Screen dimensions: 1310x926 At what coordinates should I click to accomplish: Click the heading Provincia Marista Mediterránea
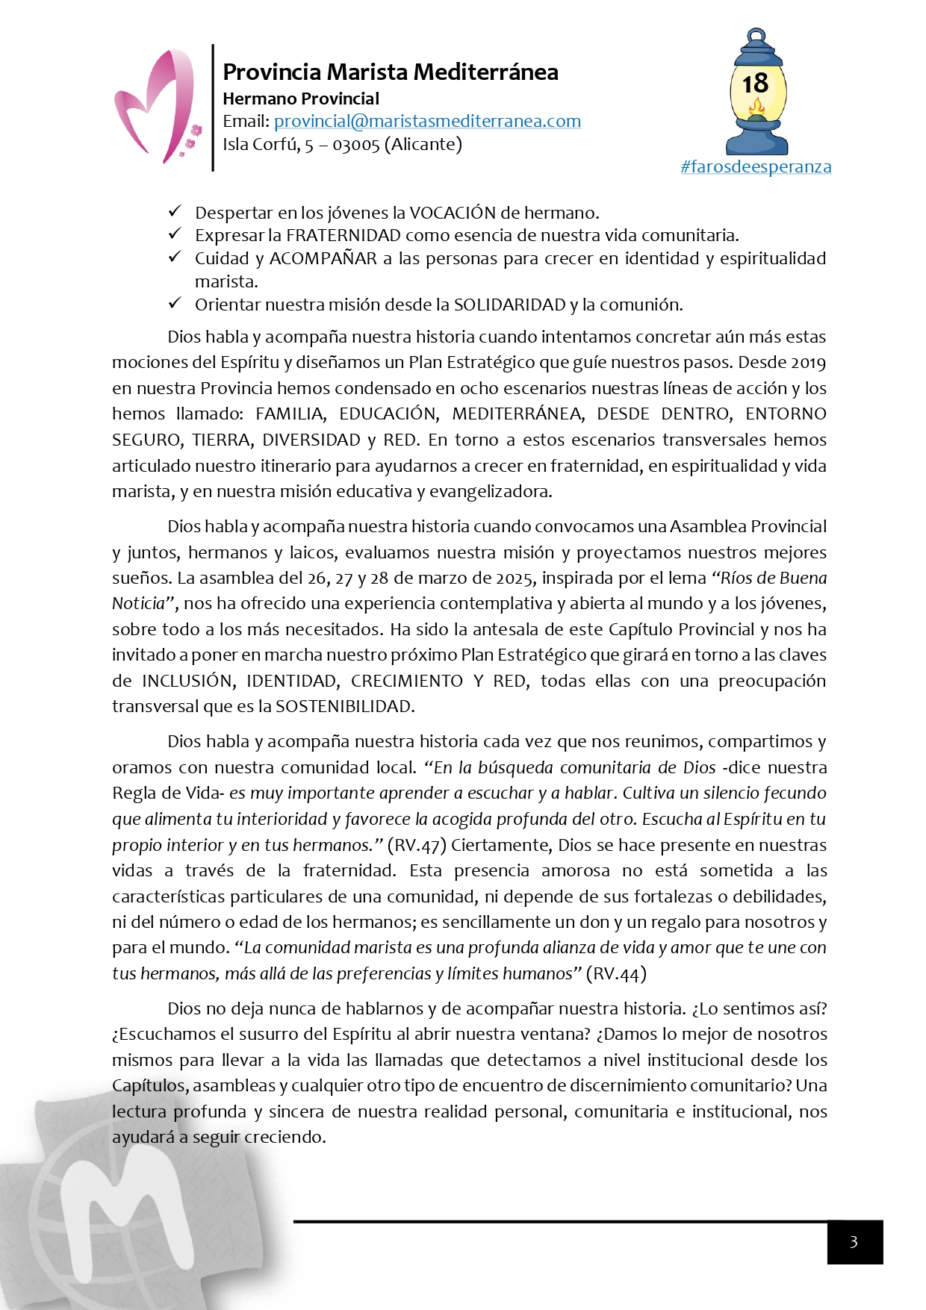(x=390, y=72)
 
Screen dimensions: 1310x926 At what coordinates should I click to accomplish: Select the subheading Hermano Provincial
(x=301, y=99)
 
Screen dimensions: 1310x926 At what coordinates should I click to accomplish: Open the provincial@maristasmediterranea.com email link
(x=427, y=121)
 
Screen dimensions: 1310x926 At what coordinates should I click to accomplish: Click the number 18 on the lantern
(x=755, y=83)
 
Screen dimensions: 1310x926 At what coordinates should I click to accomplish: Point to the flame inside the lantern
(x=756, y=110)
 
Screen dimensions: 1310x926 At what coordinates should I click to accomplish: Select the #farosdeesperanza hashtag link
(x=756, y=166)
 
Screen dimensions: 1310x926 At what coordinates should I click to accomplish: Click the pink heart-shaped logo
(x=155, y=107)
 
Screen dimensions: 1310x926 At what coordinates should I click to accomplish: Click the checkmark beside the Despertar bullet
(x=175, y=212)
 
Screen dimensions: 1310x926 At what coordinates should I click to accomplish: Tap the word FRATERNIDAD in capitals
(x=344, y=236)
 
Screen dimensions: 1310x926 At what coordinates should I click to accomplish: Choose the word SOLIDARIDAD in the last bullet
(x=509, y=305)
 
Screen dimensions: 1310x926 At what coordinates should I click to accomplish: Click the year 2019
(x=807, y=363)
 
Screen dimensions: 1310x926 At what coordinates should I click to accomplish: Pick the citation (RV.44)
(x=616, y=973)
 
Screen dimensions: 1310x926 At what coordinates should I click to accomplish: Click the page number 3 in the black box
(x=854, y=1242)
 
